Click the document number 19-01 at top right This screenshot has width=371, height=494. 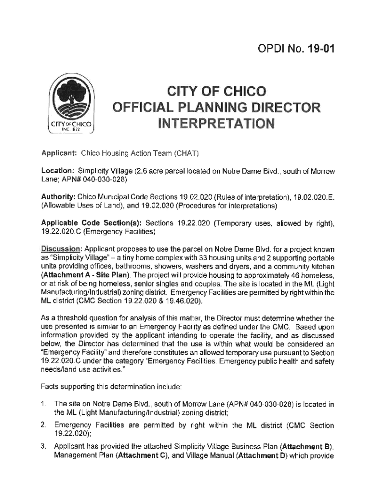click(317, 49)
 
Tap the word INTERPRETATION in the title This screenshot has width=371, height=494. click(216, 125)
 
